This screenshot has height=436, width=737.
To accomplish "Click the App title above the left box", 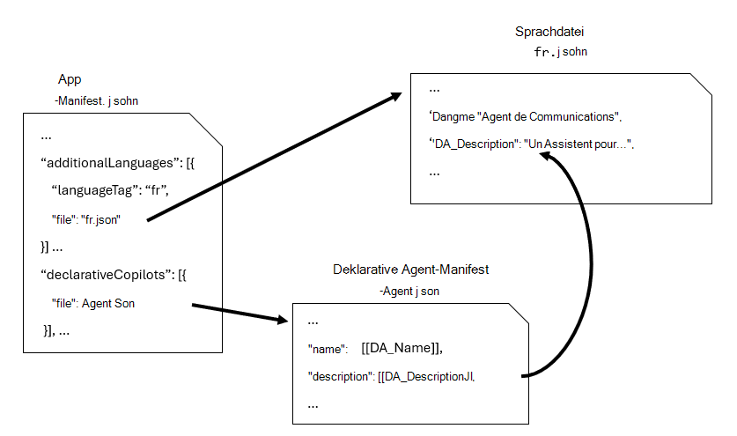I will [70, 79].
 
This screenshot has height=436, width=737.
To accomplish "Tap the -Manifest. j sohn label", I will [96, 100].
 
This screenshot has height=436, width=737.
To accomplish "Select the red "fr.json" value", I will [99, 219].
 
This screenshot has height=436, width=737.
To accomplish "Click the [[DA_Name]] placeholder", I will [402, 348].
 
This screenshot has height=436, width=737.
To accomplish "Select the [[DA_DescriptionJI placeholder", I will [426, 376].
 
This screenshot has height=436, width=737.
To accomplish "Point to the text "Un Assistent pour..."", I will [578, 144].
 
